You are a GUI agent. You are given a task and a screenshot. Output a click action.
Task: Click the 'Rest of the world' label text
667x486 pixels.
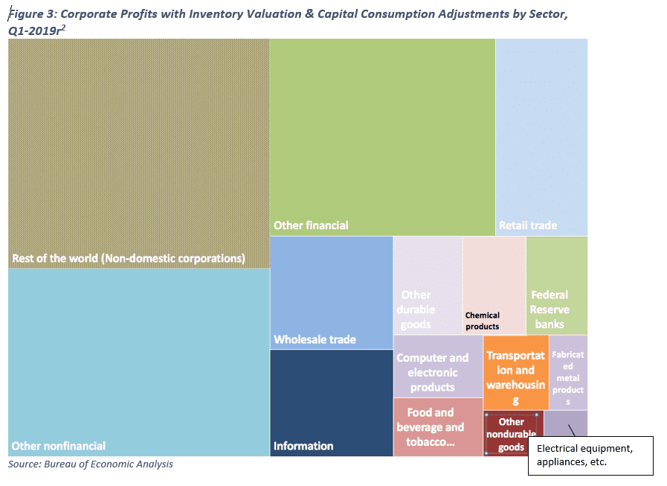128,259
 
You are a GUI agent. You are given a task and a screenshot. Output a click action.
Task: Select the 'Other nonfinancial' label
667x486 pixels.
58,446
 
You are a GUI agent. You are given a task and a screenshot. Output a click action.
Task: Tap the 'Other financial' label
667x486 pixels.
311,225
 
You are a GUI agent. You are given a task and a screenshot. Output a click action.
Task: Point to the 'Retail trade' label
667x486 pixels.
528,225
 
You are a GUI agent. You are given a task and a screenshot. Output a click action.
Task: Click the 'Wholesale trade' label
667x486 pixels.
315,339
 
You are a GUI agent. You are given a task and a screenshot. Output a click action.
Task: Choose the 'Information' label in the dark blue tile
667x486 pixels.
303,446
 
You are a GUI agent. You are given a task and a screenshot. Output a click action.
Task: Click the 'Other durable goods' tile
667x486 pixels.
428,286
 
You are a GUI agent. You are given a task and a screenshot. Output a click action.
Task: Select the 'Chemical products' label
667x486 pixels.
483,321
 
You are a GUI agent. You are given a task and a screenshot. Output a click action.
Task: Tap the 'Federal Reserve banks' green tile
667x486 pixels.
556,286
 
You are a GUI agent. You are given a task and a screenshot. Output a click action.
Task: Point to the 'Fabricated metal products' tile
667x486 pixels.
569,372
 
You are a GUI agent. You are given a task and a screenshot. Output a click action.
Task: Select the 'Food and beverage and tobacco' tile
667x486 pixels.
437,427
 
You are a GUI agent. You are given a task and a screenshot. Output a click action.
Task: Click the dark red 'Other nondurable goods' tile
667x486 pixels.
512,434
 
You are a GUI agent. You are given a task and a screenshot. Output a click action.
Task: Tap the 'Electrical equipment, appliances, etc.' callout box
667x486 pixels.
590,455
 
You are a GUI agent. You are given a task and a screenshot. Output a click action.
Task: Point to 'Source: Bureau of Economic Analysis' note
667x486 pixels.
91,464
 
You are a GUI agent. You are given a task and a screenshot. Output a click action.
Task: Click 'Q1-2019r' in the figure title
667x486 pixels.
36,30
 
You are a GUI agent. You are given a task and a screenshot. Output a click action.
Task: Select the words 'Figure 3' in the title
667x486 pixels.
30,14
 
